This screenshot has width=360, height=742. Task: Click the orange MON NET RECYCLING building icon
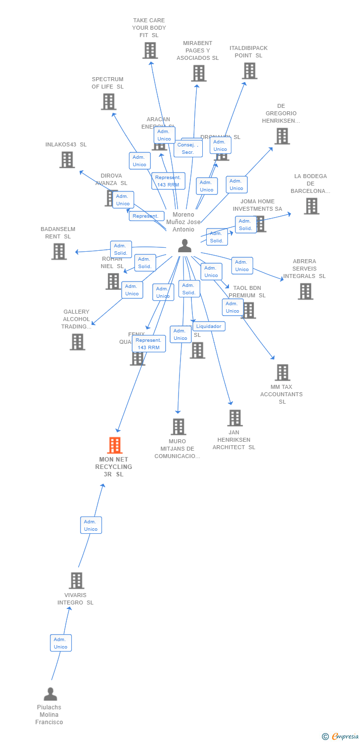pyautogui.click(x=115, y=445)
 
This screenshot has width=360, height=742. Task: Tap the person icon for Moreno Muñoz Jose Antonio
pyautogui.click(x=184, y=245)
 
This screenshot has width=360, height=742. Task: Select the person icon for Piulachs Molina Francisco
pyautogui.click(x=50, y=694)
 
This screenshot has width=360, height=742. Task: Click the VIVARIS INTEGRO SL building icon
pyautogui.click(x=76, y=580)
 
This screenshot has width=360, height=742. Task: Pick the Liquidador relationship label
pyautogui.click(x=209, y=326)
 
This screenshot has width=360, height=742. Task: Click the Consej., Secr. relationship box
pyautogui.click(x=188, y=148)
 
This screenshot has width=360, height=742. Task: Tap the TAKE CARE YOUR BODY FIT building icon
pyautogui.click(x=150, y=50)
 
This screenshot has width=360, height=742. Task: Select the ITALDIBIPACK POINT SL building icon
pyautogui.click(x=249, y=71)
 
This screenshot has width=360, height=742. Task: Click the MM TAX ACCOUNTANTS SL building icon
pyautogui.click(x=282, y=372)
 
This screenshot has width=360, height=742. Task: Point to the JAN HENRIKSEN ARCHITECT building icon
pyautogui.click(x=234, y=418)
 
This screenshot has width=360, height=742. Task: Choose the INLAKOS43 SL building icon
pyautogui.click(x=67, y=160)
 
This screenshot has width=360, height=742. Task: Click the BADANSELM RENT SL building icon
pyautogui.click(x=59, y=251)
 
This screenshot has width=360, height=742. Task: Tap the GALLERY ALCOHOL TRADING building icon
pyautogui.click(x=77, y=342)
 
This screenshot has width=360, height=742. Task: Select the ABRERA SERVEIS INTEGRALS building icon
pyautogui.click(x=305, y=291)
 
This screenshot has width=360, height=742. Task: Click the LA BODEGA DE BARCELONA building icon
pyautogui.click(x=311, y=206)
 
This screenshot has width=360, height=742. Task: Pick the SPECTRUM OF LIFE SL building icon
pyautogui.click(x=108, y=101)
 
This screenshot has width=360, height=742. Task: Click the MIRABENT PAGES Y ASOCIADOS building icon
pyautogui.click(x=198, y=73)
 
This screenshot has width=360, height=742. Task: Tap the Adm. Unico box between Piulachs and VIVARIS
pyautogui.click(x=61, y=643)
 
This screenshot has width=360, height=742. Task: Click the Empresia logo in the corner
pyautogui.click(x=341, y=737)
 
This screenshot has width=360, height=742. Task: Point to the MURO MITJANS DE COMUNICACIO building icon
pyautogui.click(x=178, y=426)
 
